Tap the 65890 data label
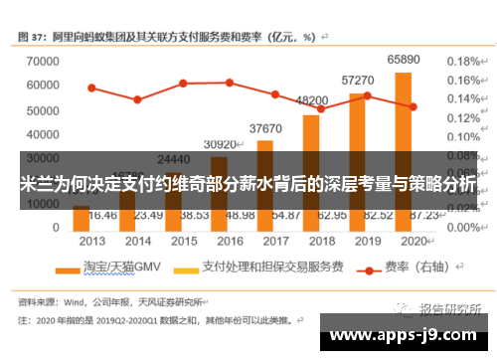point(403,61)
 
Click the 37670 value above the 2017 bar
point(265,128)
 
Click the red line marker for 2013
point(91,88)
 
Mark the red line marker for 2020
point(413,106)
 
